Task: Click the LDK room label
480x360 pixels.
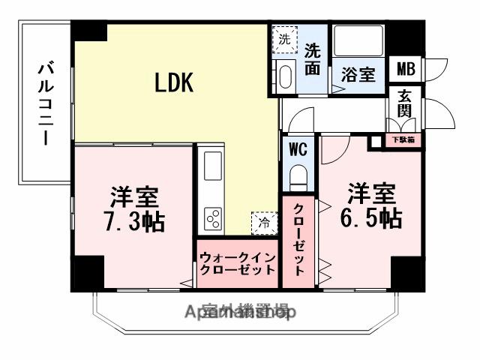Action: pyautogui.click(x=174, y=82)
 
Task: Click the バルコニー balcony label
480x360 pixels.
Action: pyautogui.click(x=45, y=104)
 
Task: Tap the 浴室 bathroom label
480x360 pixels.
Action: pyautogui.click(x=358, y=75)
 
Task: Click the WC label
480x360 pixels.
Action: pyautogui.click(x=298, y=148)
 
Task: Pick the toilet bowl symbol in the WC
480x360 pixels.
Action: pyautogui.click(x=298, y=180)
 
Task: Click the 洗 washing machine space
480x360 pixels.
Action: pyautogui.click(x=285, y=38)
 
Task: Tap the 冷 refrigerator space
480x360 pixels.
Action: pyautogui.click(x=263, y=222)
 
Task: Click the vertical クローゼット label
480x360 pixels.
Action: pyautogui.click(x=298, y=240)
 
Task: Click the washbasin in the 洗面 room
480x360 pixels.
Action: pyautogui.click(x=285, y=75)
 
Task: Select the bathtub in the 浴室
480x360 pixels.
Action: pyautogui.click(x=358, y=40)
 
